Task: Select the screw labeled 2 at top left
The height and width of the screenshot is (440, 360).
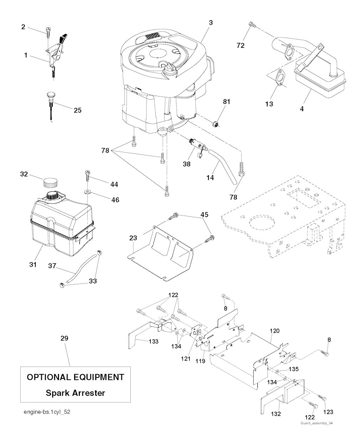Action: [47, 33]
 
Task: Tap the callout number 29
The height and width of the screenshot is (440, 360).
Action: [64, 338]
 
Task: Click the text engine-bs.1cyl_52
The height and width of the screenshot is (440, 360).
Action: [45, 412]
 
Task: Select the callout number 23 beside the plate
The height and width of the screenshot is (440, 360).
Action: [133, 238]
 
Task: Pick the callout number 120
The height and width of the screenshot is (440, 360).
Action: [275, 331]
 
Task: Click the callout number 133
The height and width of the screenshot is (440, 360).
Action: [154, 341]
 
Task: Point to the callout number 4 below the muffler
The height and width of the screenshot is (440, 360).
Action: [302, 109]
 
